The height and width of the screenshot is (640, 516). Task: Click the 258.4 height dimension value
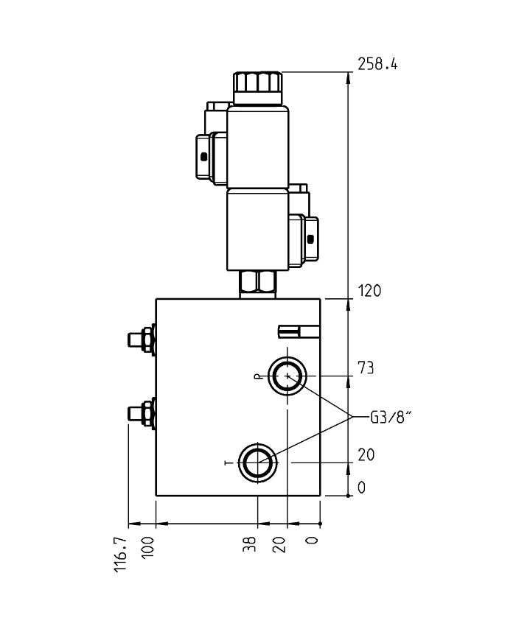click(x=377, y=64)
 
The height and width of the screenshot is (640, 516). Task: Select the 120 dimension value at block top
click(x=369, y=291)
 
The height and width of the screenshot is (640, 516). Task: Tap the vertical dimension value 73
click(x=366, y=368)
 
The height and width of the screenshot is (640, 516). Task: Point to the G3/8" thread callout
click(x=390, y=418)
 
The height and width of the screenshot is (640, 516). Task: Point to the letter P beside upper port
click(x=257, y=376)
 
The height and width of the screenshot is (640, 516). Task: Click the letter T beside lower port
click(x=227, y=463)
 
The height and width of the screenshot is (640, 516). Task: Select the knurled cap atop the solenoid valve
click(x=257, y=87)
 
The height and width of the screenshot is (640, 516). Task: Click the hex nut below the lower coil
click(x=257, y=282)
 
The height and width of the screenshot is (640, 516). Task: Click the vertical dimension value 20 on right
click(x=366, y=455)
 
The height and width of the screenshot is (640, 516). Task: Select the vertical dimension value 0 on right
click(x=361, y=488)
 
